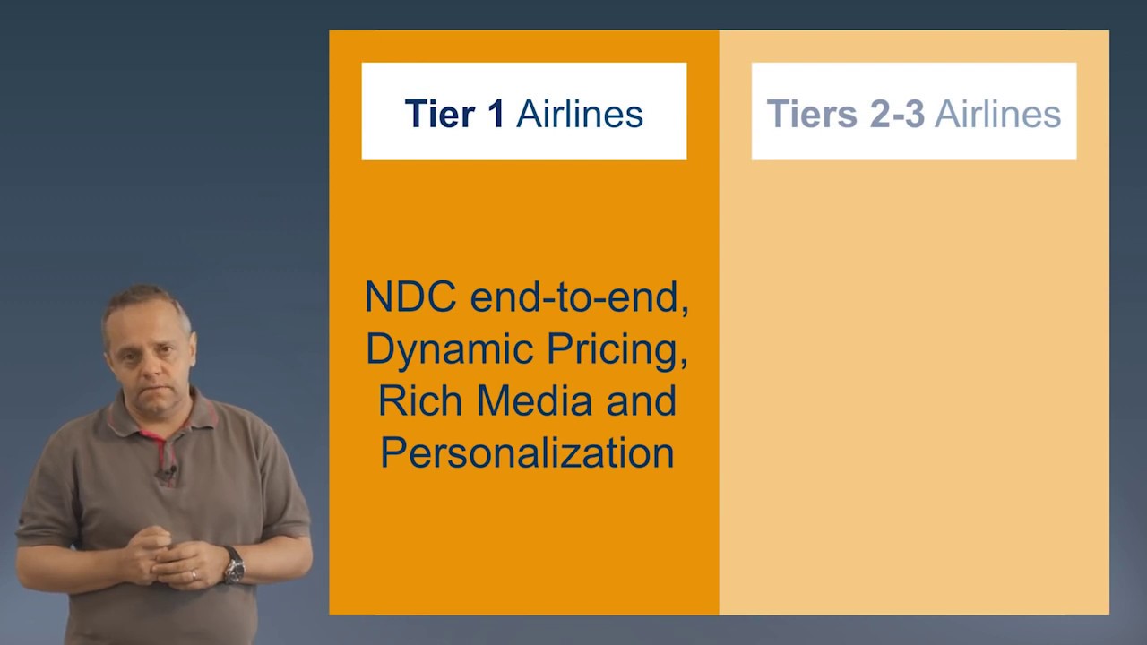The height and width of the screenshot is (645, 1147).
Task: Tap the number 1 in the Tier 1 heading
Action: (x=494, y=114)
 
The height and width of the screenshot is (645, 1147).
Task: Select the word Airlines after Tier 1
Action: (x=580, y=114)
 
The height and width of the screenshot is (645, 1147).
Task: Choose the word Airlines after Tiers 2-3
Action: (x=997, y=114)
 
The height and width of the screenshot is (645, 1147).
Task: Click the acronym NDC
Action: (x=410, y=297)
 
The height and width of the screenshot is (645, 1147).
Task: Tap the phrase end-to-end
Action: (x=579, y=297)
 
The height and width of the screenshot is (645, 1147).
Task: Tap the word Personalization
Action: (x=527, y=452)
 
